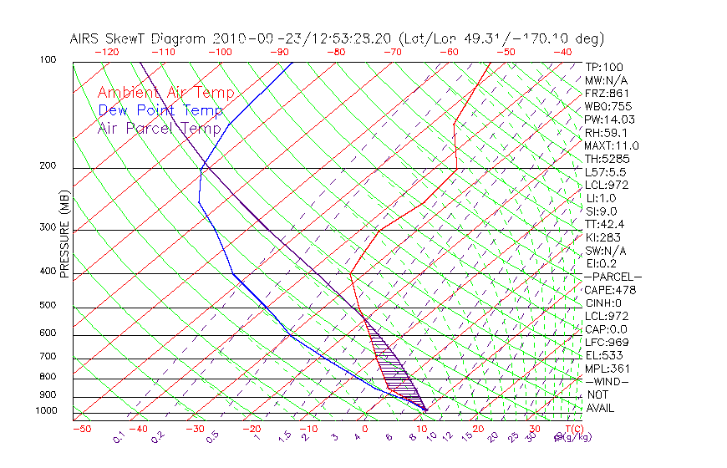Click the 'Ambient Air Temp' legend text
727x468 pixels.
coord(166,93)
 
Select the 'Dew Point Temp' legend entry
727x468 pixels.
coord(160,110)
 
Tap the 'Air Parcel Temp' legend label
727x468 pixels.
coord(160,128)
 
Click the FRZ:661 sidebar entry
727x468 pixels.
coord(604,93)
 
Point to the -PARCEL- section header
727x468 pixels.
coord(613,277)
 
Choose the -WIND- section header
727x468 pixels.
coord(608,381)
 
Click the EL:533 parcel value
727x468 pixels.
coord(602,355)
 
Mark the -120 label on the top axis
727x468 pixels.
coord(106,52)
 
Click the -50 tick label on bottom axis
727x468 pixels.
coord(81,429)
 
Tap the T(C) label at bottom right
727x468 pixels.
coord(572,429)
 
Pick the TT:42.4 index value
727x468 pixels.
coord(604,224)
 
